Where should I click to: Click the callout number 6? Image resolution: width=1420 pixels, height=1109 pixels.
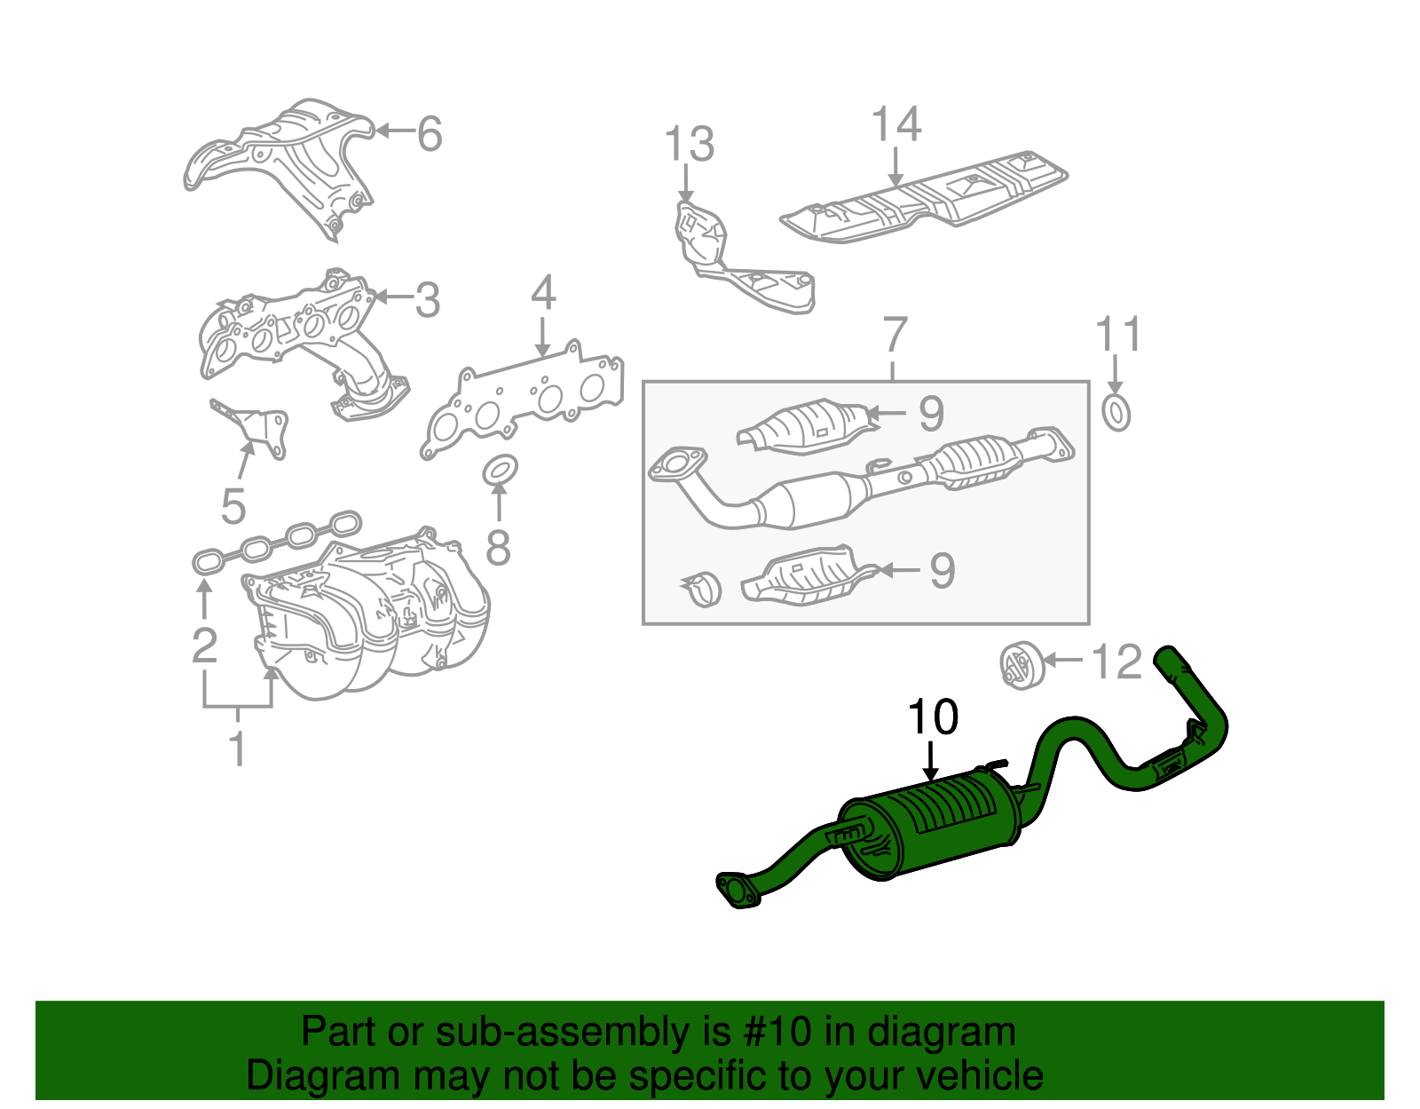430,134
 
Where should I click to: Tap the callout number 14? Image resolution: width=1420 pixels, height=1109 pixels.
896,124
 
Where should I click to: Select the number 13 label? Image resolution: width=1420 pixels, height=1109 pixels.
689,144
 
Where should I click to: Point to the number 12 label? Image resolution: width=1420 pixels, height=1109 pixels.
1116,662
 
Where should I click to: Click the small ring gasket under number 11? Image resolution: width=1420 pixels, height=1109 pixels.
1116,414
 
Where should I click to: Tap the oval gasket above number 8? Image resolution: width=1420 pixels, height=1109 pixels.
501,470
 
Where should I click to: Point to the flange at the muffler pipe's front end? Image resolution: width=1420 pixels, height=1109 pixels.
737,891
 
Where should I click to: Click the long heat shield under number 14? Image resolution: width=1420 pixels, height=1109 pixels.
923,200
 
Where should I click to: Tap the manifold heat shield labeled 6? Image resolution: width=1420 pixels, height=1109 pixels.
284,160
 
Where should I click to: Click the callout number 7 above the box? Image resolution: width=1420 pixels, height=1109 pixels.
895,336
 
